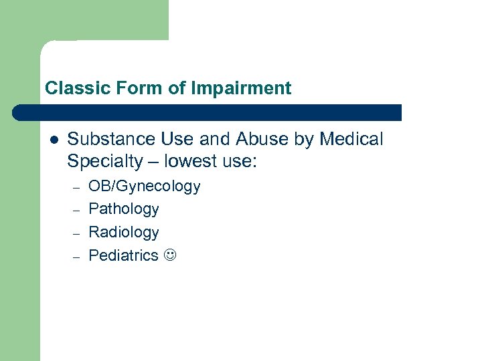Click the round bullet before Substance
click(x=54, y=140)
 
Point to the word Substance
click(x=110, y=139)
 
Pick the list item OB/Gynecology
click(x=144, y=187)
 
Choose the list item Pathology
click(x=124, y=209)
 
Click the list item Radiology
click(x=124, y=232)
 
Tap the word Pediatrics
click(x=124, y=255)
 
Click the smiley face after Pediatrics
click(x=170, y=255)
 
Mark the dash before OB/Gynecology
click(x=76, y=188)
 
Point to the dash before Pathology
click(x=76, y=211)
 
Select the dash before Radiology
click(x=76, y=233)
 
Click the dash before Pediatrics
click(x=76, y=256)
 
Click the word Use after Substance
click(x=176, y=139)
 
